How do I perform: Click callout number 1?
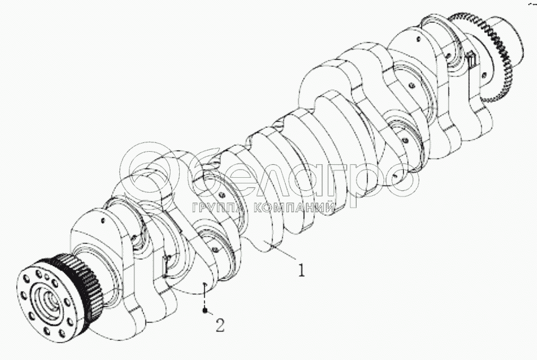coord(301,270)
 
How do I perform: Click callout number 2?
coord(220,325)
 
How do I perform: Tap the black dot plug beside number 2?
coord(205,310)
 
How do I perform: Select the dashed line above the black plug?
coord(205,296)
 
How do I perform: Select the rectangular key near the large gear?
coord(472,59)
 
